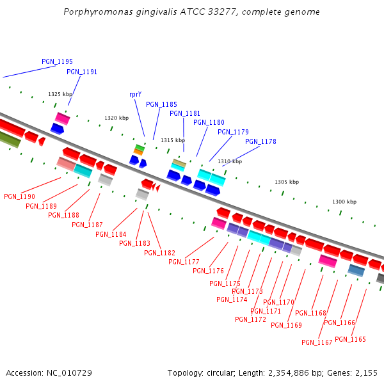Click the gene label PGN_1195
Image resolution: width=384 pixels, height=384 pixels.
click(x=57, y=61)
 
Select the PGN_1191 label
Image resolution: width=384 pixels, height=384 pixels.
click(x=82, y=72)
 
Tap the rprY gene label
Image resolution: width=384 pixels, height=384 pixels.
click(x=135, y=94)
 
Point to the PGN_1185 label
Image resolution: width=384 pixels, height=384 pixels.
click(x=161, y=104)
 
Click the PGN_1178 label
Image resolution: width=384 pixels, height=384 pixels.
click(x=260, y=141)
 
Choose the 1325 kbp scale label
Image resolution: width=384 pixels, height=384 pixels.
click(x=60, y=94)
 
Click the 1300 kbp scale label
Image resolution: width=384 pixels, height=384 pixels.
click(x=344, y=202)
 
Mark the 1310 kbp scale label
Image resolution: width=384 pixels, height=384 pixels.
click(x=230, y=161)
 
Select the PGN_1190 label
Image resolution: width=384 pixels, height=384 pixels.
click(x=19, y=196)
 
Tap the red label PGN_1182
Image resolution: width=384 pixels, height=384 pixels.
click(x=159, y=253)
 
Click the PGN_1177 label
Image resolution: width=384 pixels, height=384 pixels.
click(x=184, y=262)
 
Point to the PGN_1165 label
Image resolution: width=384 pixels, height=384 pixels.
click(x=350, y=339)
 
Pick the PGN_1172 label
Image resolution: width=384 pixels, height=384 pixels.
click(x=250, y=319)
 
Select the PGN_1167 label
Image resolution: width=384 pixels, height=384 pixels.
click(x=317, y=342)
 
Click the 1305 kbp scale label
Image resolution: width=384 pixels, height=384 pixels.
click(x=287, y=182)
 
